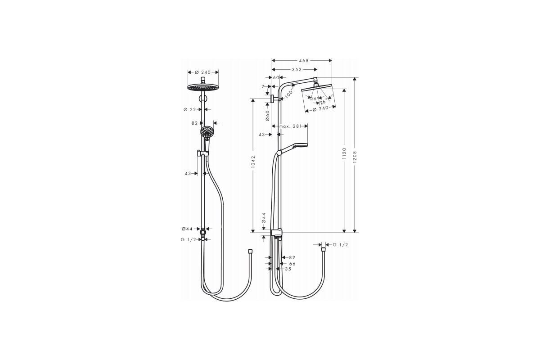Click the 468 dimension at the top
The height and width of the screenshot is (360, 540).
pos(304,60)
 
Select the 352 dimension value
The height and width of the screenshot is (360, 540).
pos(297,70)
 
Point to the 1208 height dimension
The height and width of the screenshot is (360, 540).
pos(355,156)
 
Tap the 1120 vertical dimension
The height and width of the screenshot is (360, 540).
pos(344,153)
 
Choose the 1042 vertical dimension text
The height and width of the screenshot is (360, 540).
pos(253,162)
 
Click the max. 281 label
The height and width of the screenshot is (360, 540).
pos(290,126)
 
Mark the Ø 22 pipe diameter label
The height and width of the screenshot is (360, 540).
pos(190,109)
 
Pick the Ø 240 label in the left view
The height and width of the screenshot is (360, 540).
pos(203,72)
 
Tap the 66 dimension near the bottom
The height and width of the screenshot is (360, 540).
pos(292,264)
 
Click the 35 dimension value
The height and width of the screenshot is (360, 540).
pos(288,269)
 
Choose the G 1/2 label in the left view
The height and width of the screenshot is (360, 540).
pos(189,240)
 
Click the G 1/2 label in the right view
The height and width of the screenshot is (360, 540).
pos(340,245)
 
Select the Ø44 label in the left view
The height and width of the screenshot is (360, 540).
pos(188,229)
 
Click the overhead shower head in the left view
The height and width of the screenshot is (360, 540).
pos(203,87)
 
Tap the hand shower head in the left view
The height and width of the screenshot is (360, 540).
pos(207,132)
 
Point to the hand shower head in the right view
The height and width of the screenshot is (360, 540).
pos(301,145)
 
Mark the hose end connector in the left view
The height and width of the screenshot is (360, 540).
pos(250,252)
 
